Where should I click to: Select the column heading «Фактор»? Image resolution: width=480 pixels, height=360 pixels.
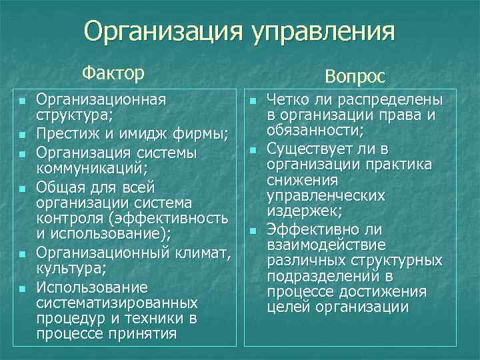coord(113,71)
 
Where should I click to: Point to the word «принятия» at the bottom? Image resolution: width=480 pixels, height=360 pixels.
coord(149,333)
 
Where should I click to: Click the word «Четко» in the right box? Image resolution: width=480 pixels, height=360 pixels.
coord(288,100)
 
